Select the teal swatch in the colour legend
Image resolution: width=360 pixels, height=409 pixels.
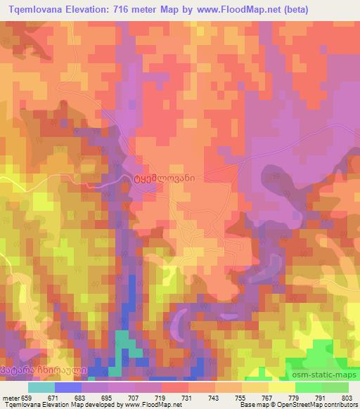click(x=41, y=387)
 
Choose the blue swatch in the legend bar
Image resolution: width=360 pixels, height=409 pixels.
click(x=67, y=387)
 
